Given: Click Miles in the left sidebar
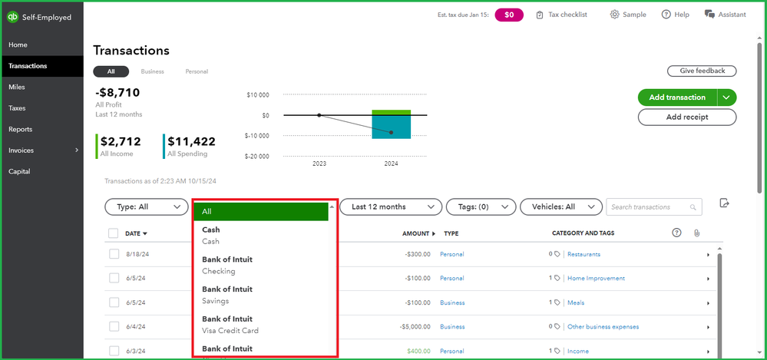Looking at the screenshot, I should point(17,87).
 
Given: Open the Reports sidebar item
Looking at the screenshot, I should point(20,129).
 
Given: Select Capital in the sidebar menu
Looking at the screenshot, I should point(19,171).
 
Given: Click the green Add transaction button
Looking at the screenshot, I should point(676,97).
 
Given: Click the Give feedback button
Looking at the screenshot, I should point(702,71).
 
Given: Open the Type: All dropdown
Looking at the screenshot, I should point(146,206).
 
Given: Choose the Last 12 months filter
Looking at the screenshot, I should point(392,206).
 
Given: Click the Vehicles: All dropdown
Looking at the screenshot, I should point(560,206).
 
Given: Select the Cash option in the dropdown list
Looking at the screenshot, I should point(211,235).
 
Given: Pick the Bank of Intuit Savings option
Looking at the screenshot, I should point(227,295).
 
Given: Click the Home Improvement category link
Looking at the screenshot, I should point(596,278).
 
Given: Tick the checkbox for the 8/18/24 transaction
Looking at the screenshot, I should point(114,254).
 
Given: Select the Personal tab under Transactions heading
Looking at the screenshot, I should point(197,71).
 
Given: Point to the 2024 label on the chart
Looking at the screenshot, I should point(391,163).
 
